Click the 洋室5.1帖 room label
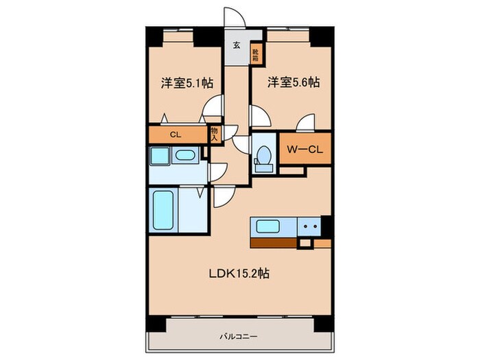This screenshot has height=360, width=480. click(x=187, y=82)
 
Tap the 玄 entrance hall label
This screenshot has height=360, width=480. click(x=236, y=47)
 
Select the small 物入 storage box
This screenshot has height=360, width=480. click(x=214, y=133)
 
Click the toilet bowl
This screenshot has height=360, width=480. click(x=263, y=157)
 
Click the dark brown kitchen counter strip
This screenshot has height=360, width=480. click(x=274, y=243)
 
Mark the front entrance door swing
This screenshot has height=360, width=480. click(x=233, y=19)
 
